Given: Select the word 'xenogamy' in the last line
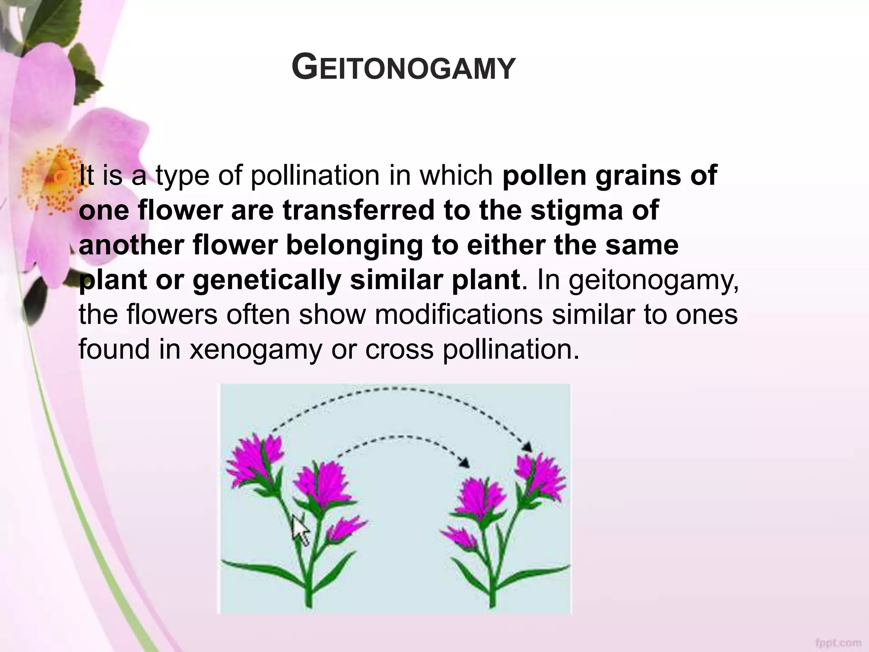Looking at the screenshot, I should point(255,349).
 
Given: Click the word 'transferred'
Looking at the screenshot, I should point(359,211).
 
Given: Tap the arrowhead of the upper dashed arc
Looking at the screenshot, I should point(527,447).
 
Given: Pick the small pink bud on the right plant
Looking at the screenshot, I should point(459,537).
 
